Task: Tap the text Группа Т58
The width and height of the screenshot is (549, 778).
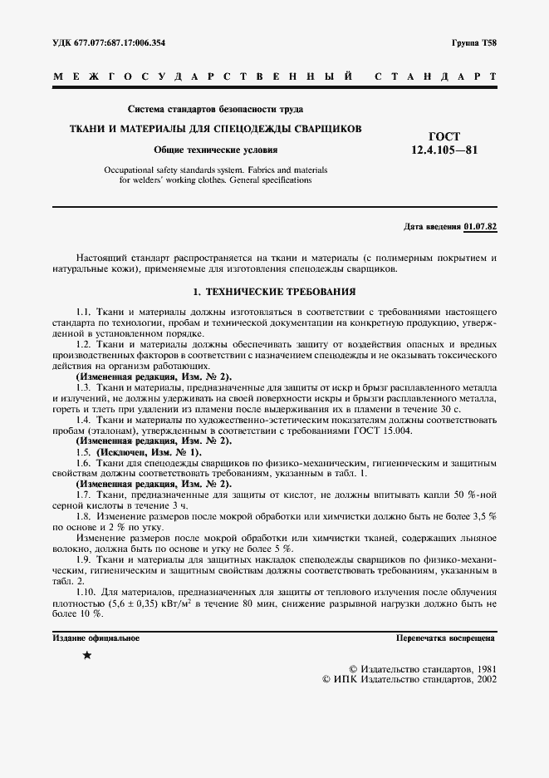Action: tap(473, 42)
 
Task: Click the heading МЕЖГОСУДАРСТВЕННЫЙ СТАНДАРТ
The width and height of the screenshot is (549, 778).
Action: tap(274, 76)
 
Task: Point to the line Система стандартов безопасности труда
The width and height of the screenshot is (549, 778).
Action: tap(215, 109)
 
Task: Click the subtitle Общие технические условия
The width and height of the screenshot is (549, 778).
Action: tap(215, 150)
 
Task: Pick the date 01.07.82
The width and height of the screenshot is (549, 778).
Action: tap(480, 226)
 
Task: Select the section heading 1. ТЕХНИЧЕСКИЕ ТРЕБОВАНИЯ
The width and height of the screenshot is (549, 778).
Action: tap(274, 293)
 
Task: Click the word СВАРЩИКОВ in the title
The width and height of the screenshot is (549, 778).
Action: tap(327, 129)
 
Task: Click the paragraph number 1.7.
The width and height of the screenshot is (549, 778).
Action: tap(82, 495)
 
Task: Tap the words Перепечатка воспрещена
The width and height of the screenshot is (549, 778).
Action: tap(446, 638)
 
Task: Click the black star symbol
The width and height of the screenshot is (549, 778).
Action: tap(87, 656)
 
